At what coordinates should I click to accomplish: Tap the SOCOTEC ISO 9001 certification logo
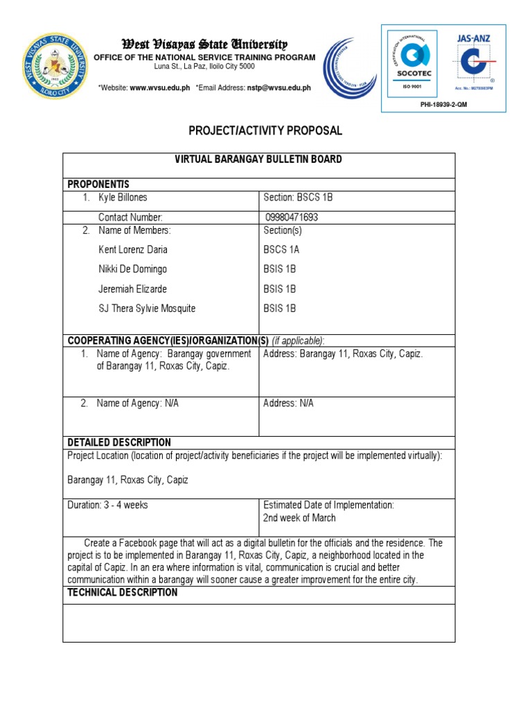411,61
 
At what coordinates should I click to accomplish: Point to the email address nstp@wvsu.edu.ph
279,88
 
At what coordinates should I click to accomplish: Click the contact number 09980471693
292,217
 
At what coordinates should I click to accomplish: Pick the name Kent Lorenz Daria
133,250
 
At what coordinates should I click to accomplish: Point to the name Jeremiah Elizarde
133,289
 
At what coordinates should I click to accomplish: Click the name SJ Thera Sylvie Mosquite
148,309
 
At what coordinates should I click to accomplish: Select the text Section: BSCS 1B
299,198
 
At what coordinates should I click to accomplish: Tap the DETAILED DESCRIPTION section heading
119,442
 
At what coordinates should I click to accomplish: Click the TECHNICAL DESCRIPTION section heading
123,593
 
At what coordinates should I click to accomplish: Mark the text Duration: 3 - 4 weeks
107,505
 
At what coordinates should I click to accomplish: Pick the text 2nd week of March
299,518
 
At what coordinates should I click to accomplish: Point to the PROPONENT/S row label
98,184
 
